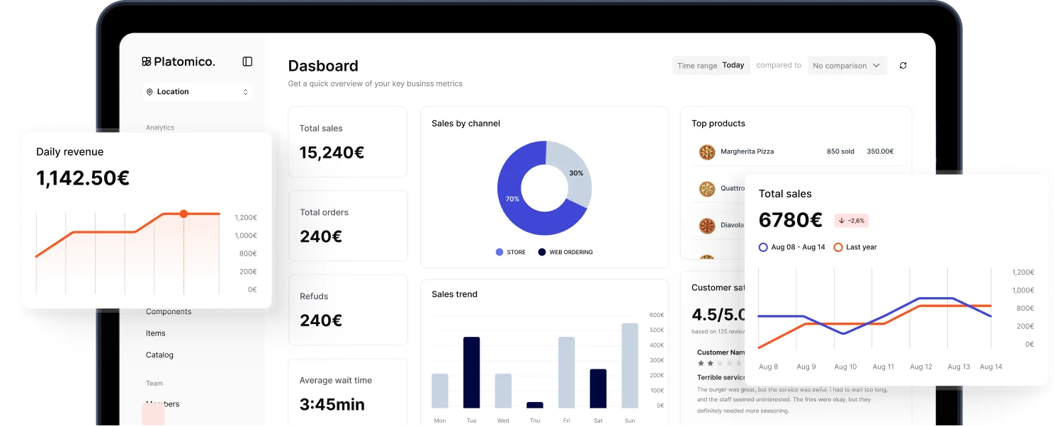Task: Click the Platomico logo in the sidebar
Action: [x=178, y=62]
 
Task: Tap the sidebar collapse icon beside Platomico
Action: [x=247, y=62]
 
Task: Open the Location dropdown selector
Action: [x=197, y=92]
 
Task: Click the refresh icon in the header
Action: [x=903, y=66]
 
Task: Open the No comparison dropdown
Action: [x=847, y=66]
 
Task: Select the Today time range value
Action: [x=733, y=65]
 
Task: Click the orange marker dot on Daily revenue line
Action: [x=184, y=214]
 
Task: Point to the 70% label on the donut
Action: [x=512, y=199]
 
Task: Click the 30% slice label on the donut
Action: [x=576, y=173]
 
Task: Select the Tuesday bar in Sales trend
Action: [x=471, y=372]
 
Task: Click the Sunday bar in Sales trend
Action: [x=629, y=365]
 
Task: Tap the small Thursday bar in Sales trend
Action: [x=535, y=405]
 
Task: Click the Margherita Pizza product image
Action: [x=706, y=151]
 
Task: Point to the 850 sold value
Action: [x=840, y=151]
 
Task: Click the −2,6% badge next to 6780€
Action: [x=851, y=221]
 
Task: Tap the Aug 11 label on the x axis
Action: [x=883, y=367]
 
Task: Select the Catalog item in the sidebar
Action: [x=159, y=355]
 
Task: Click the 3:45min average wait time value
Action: [x=332, y=405]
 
